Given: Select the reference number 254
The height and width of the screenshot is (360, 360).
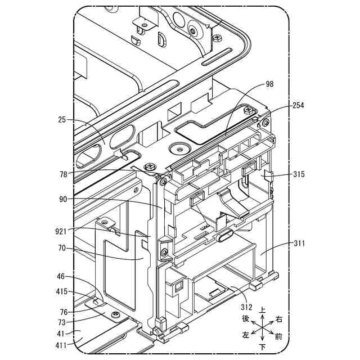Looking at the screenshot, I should click(299, 106).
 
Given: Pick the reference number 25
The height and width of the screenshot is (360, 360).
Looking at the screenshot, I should click(62, 120).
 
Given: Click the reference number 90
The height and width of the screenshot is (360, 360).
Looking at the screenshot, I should click(62, 199).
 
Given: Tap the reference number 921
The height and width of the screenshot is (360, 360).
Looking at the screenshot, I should click(60, 231).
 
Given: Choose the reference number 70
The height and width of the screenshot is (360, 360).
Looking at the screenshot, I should click(62, 247).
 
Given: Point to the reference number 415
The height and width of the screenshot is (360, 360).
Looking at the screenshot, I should click(60, 291).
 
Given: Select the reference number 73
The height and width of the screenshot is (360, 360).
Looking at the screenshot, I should click(62, 322).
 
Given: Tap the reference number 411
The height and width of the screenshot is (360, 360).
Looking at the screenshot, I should click(60, 344).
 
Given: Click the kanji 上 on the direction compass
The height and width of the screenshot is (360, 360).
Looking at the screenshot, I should click(263, 310).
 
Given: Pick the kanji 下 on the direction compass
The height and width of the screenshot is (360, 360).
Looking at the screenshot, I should click(263, 346).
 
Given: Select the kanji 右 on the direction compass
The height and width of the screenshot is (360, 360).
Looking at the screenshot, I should click(279, 319).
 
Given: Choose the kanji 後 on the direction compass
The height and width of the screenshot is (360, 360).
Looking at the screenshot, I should click(246, 319).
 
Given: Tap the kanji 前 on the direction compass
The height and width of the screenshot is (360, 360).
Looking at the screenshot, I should click(278, 337).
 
